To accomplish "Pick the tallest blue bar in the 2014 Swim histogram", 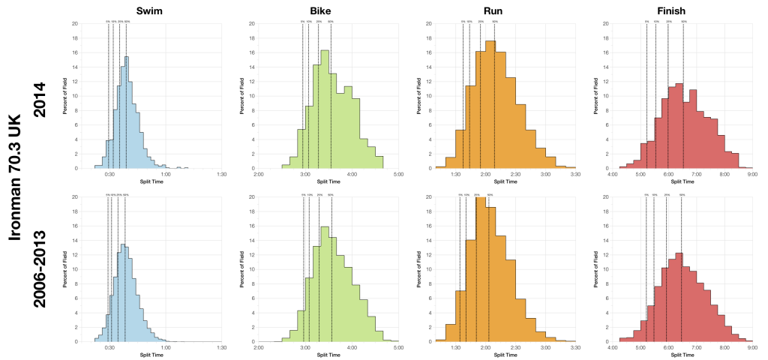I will (127, 112).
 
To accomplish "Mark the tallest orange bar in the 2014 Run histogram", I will (490, 105).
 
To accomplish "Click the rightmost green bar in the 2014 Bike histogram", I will (379, 162).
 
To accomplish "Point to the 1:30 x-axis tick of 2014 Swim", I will (222, 175).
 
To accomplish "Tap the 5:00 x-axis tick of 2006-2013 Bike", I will (398, 348).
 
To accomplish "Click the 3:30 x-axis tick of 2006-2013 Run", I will (575, 348).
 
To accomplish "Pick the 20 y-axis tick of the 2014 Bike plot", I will (252, 23).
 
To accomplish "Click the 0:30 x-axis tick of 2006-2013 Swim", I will (109, 348).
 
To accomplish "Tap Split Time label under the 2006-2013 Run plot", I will (505, 355).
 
